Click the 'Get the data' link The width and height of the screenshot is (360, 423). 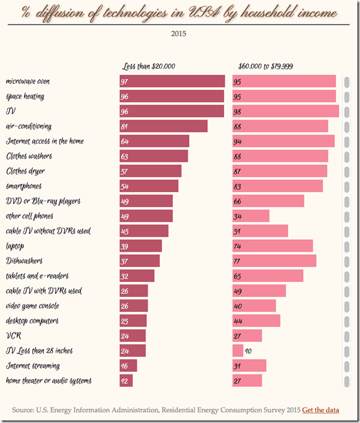[321, 409]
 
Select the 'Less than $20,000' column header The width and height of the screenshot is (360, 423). [149, 66]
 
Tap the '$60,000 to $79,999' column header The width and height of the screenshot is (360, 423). [265, 66]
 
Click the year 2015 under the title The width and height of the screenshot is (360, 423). [180, 34]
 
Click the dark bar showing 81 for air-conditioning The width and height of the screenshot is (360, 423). [163, 126]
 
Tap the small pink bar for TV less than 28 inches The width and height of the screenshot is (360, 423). [238, 351]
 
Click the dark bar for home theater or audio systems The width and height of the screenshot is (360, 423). [126, 381]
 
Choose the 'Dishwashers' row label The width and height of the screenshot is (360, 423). [24, 261]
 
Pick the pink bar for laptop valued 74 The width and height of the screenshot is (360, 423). [273, 246]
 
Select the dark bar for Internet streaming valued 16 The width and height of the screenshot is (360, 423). [128, 366]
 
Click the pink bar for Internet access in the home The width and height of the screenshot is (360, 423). [284, 141]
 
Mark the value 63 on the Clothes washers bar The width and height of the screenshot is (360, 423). [124, 157]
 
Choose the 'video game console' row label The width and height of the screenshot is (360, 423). [33, 306]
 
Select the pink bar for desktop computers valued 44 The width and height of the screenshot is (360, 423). [256, 321]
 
